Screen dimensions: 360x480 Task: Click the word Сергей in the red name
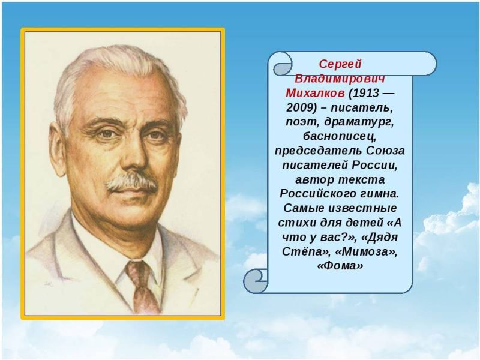[x=340, y=64]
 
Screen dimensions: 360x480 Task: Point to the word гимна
[x=379, y=194]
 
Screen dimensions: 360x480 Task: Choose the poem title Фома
[x=340, y=266]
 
